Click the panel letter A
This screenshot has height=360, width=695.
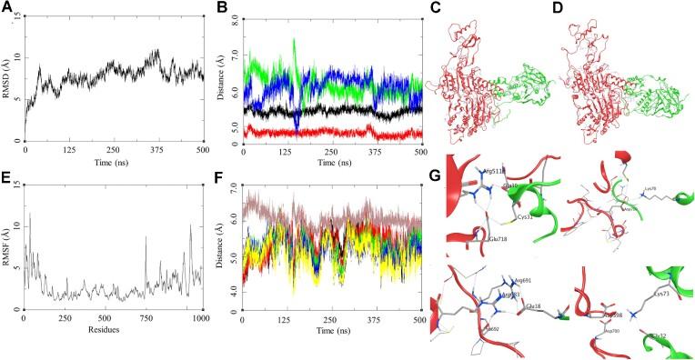[8, 8]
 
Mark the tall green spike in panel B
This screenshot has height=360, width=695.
[294, 41]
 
